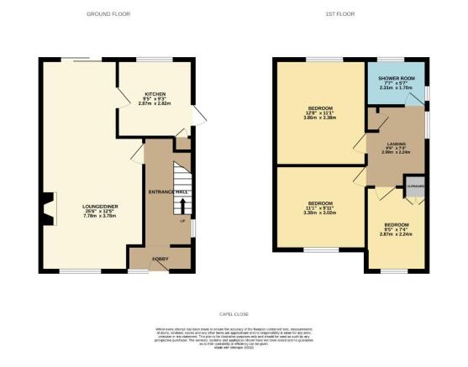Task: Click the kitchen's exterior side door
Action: point(197,114)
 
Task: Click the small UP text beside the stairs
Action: point(182,221)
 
